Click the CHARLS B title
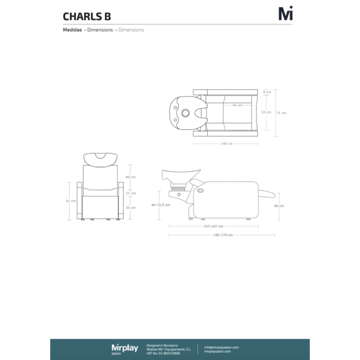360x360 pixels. coord(87,17)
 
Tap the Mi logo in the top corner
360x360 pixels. coord(286,13)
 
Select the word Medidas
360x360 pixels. coord(72,30)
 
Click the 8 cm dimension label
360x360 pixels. coord(267,92)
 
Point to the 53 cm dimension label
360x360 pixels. coord(266,112)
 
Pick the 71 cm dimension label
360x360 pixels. coord(281,113)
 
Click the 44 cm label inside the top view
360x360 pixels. coord(237,105)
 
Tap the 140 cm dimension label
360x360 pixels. coord(227,143)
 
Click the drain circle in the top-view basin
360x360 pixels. coord(186,113)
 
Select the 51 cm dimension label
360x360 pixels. coord(71,201)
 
